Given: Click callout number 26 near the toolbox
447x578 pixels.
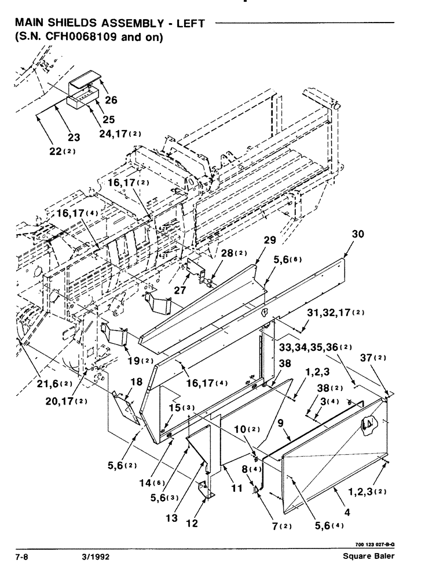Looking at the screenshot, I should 111,100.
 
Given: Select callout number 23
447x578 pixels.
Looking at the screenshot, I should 74,138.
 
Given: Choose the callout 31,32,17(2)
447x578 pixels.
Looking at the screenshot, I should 342,313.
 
